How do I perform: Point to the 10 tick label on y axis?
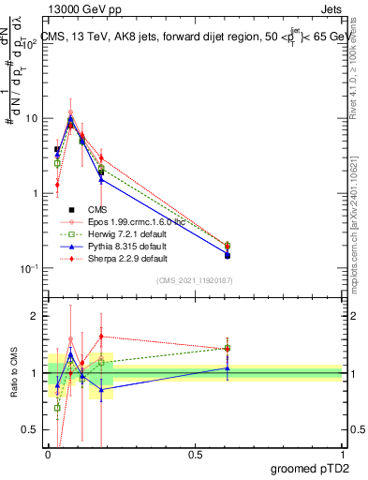[34, 118]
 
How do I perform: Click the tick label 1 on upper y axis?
[37, 193]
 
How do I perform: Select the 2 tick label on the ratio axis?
[37, 317]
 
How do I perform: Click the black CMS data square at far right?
[228, 255]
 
